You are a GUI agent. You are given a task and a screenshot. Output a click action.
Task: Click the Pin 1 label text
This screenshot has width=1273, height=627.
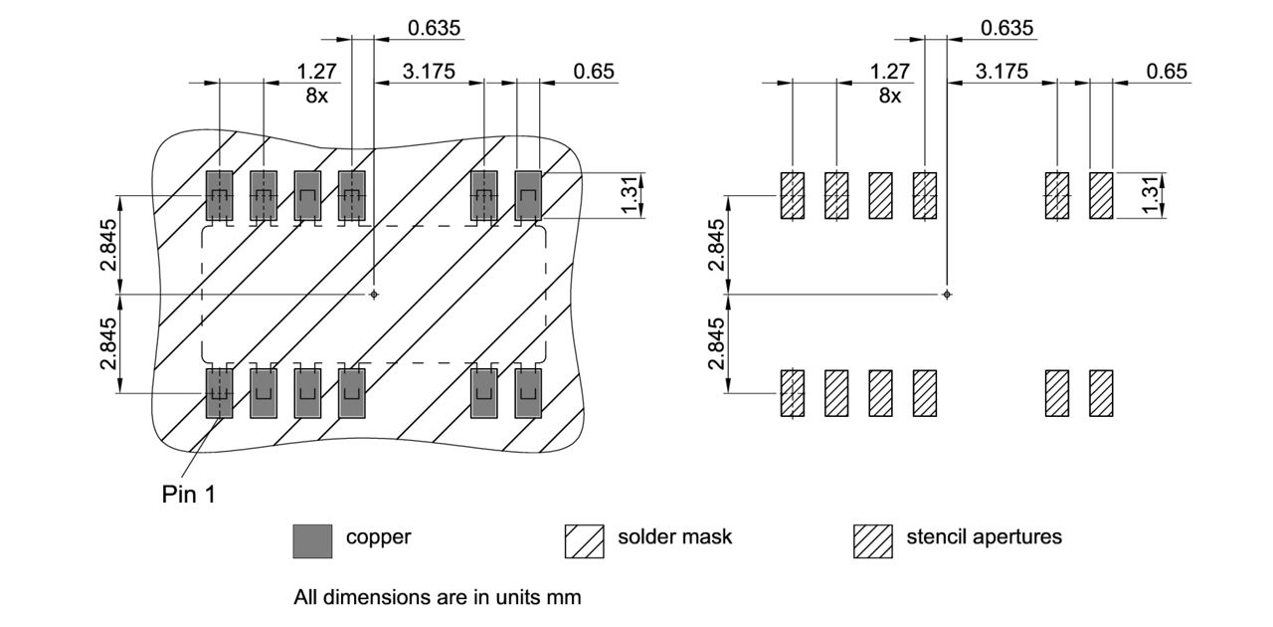point(188,494)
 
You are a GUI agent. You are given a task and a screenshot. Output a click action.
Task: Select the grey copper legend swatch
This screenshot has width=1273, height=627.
point(312,539)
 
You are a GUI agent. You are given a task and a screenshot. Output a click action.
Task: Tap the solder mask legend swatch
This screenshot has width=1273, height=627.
point(584,539)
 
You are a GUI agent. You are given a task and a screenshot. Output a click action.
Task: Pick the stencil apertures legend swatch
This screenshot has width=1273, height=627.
point(872,539)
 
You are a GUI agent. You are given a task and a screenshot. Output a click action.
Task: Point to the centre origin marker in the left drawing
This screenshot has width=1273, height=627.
point(373,295)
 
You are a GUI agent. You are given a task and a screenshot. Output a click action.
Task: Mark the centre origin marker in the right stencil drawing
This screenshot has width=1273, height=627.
point(946,295)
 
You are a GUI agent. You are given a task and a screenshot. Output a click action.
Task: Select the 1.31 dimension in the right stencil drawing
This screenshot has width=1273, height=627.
point(1151,194)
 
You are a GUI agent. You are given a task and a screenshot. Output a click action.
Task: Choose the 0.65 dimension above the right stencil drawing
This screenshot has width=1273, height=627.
point(1167,72)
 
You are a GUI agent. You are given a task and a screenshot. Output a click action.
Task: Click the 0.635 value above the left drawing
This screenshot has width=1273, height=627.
point(435,28)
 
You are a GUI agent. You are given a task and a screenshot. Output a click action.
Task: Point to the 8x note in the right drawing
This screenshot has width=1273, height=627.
point(890,96)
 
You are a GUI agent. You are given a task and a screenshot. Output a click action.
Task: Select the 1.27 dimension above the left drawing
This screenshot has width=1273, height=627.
point(317,72)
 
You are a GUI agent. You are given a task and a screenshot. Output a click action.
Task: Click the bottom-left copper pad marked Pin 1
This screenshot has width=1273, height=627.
point(219,393)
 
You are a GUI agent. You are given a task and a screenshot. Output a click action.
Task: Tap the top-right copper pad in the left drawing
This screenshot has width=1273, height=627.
point(527,194)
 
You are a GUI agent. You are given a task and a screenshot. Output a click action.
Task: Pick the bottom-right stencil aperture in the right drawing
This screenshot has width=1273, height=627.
point(1100,393)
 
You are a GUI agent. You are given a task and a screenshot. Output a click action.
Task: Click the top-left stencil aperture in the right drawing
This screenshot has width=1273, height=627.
point(792,194)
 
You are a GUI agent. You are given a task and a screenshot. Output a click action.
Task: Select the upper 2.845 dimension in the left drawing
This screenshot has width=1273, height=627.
point(108,244)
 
